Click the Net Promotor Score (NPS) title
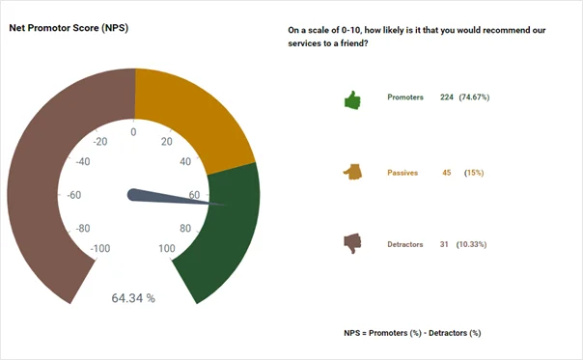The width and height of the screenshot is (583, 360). (69, 28)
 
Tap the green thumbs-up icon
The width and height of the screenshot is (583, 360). (352, 99)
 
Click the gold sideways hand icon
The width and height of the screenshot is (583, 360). (352, 172)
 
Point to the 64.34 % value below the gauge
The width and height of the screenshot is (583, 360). (133, 298)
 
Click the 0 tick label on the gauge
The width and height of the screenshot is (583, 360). (133, 131)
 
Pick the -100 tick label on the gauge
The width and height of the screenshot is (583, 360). (98, 249)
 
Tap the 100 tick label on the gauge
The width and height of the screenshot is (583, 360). (167, 249)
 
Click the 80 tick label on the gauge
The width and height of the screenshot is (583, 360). (185, 229)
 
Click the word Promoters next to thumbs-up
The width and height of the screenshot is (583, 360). (405, 97)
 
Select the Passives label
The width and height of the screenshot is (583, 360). (403, 172)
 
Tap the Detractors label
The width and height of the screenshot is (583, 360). (405, 244)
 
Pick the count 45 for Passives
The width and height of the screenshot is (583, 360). (447, 172)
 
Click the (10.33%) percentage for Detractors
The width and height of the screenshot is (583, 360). (471, 244)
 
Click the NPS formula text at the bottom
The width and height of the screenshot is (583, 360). (412, 332)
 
